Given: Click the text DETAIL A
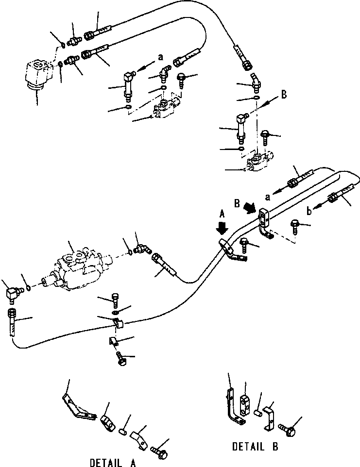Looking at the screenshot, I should [113, 462].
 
